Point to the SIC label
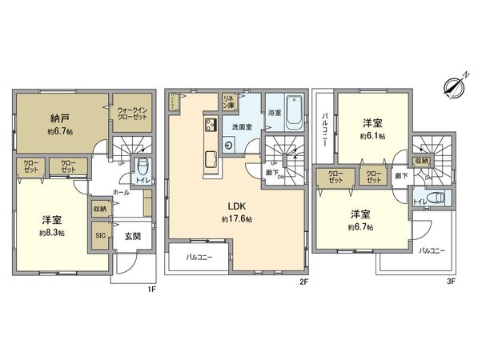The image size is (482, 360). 101,235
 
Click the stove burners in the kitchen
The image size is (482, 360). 211,125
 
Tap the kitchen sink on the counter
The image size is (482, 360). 211,156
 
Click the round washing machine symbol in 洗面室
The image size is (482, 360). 230,145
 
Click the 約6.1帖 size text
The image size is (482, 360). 372,136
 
